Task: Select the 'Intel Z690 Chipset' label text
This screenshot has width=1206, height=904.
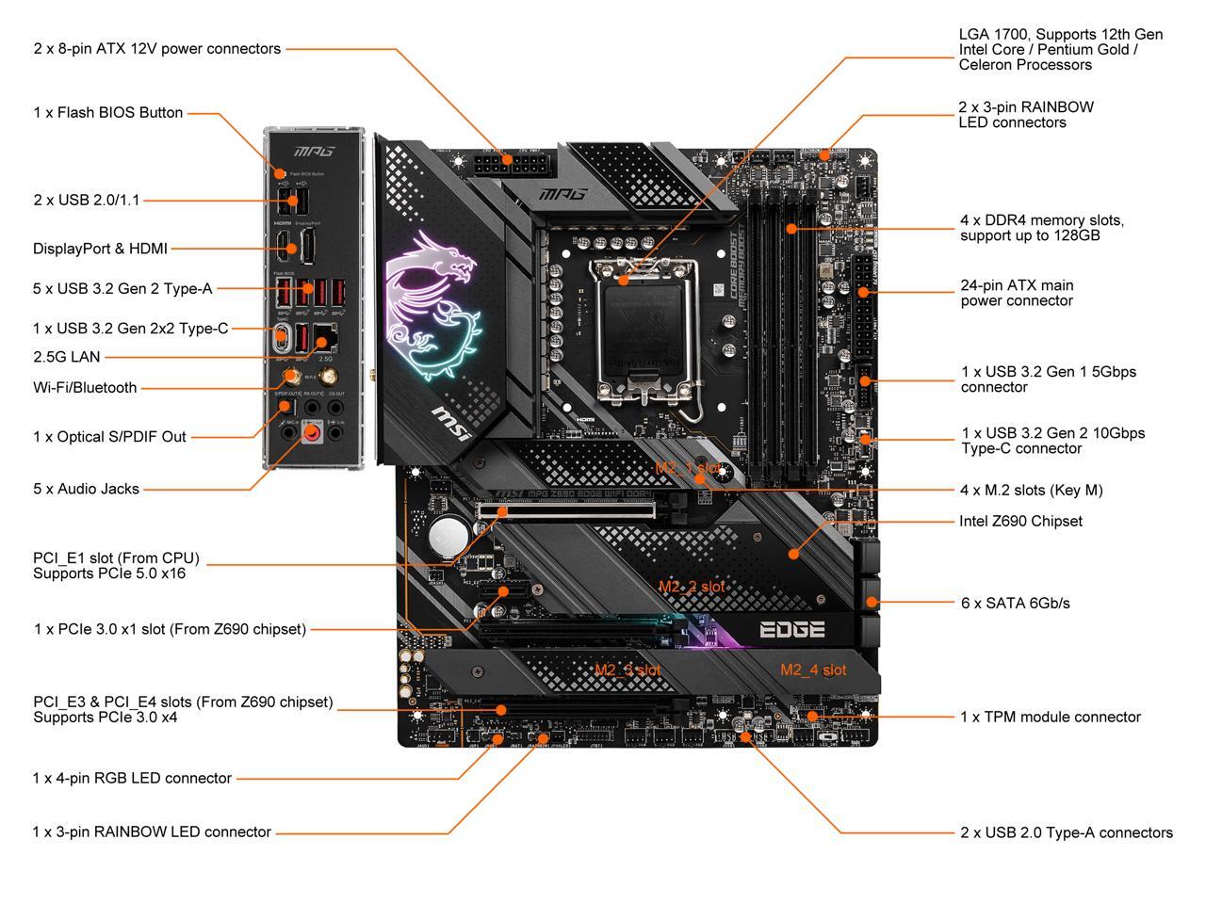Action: (1020, 521)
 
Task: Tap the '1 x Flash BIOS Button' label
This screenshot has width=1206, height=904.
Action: (107, 113)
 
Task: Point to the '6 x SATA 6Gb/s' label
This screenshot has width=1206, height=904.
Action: (1015, 603)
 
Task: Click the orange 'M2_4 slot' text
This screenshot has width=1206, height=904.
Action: (813, 670)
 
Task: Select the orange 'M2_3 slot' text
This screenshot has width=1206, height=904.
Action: (627, 670)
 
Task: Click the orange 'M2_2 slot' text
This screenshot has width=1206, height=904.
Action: (692, 587)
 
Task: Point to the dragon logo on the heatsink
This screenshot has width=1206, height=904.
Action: (431, 301)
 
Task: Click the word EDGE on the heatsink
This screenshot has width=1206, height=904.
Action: (791, 630)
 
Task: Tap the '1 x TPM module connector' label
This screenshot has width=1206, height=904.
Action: (1050, 718)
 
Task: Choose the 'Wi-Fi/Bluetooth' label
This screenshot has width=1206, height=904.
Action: (85, 388)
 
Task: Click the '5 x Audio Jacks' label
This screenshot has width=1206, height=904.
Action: (86, 489)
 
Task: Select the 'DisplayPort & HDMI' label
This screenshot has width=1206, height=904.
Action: (100, 249)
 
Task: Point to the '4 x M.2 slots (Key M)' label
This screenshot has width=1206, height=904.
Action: (1031, 490)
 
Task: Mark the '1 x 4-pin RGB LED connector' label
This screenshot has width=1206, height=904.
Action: (132, 778)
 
